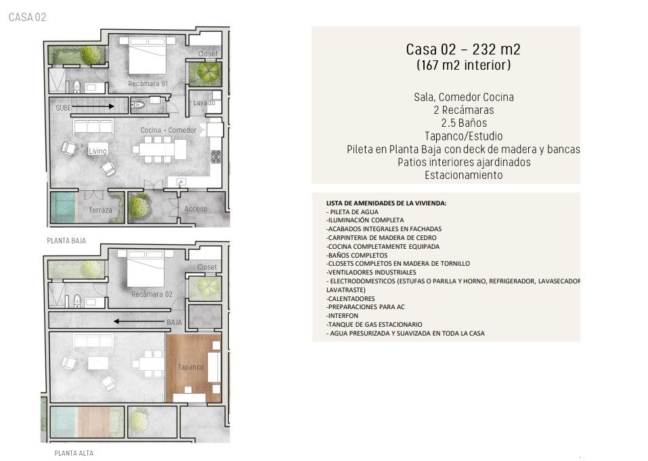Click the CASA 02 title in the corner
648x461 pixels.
27,17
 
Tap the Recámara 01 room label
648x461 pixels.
148,83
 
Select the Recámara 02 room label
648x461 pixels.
152,294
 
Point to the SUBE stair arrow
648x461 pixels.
93,106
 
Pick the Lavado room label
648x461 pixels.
204,102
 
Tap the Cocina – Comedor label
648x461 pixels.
168,130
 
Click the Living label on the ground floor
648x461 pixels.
98,151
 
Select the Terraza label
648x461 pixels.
100,210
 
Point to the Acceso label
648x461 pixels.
196,209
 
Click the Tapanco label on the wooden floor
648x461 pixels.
190,367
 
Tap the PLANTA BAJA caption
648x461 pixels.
66,241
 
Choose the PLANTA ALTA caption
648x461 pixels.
74,453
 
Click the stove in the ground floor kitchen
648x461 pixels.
216,157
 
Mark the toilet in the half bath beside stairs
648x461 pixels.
137,104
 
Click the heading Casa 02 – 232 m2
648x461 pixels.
463,49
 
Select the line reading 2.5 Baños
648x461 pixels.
464,123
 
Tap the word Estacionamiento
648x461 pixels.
464,175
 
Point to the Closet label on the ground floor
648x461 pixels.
208,54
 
